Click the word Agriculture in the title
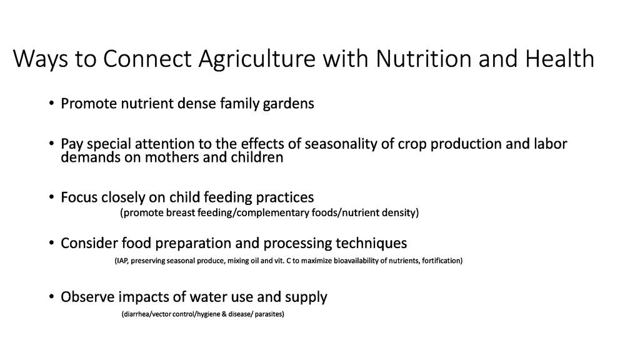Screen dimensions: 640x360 [x=257, y=59]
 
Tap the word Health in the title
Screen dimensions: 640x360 [x=559, y=58]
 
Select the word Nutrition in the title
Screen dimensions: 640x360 [x=424, y=58]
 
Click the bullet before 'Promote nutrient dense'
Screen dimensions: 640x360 [x=51, y=103]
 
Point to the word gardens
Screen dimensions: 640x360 [x=289, y=104]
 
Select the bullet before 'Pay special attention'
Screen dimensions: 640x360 [x=51, y=144]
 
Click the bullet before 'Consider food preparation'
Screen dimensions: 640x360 [x=51, y=243]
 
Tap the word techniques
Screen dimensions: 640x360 [x=371, y=244]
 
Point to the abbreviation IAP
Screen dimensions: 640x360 [x=122, y=261]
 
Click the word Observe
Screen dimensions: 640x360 [x=87, y=297]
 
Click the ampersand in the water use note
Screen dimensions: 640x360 [x=224, y=314]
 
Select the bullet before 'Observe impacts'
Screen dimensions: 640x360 [x=51, y=296]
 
